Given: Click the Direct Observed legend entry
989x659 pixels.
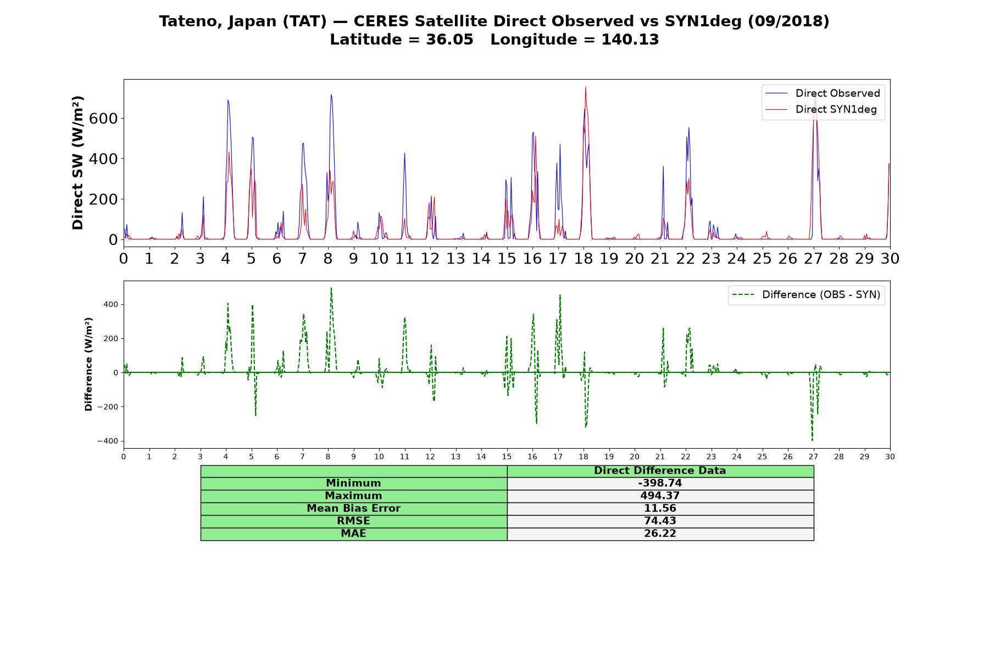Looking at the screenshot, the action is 823,93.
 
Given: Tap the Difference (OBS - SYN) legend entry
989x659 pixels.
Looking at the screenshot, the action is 806,295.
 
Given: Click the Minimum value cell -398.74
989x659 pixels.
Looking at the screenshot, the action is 660,483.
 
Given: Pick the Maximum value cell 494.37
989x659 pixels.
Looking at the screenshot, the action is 660,496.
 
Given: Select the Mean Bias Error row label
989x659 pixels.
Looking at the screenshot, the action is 353,509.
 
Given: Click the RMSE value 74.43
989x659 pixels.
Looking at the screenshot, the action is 660,521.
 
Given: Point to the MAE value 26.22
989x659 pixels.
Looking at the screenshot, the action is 660,534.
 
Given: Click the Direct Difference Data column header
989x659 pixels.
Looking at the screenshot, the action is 660,471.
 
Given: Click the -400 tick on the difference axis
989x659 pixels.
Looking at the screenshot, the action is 108,441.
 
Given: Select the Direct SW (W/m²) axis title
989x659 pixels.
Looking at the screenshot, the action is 78,163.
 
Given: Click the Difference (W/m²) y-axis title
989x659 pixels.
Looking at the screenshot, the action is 88,364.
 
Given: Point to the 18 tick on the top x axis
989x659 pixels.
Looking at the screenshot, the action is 584,258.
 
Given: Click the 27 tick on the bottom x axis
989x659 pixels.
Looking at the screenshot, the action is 813,457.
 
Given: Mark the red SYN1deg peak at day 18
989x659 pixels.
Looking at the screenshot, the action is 586,87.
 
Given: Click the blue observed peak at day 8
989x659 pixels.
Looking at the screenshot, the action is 331,95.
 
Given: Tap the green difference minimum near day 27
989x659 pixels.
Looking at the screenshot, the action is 812,440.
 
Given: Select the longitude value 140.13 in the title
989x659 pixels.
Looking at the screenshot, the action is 630,40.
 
